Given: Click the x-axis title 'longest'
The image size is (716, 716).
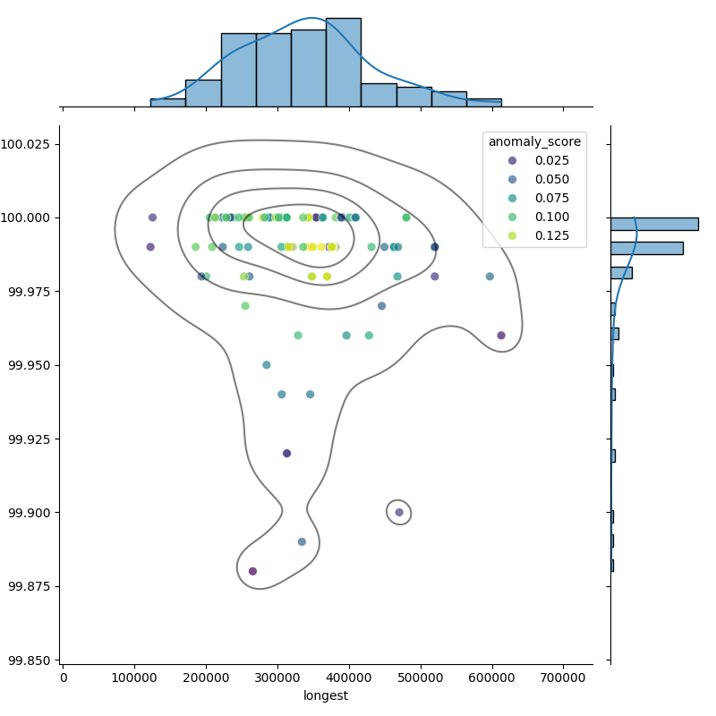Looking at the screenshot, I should [x=326, y=696].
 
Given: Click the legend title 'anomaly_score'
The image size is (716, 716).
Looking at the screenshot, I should [x=534, y=141].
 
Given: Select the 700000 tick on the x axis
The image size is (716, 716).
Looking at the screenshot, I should [x=563, y=678].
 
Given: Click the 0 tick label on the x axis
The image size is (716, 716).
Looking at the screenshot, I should [x=64, y=678].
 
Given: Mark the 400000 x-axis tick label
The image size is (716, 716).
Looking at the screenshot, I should [x=349, y=678].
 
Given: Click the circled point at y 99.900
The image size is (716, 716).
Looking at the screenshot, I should [x=399, y=513].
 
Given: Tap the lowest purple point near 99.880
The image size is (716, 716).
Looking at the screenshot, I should [x=252, y=571].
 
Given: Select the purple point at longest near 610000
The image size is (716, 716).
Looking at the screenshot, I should [x=501, y=336].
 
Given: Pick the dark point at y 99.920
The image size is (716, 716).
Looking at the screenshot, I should [x=286, y=453].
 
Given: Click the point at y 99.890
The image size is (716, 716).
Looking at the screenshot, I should [x=302, y=541].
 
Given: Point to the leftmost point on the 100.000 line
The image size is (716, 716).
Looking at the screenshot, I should [x=152, y=217].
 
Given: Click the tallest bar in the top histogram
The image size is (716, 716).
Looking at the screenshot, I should [x=344, y=62].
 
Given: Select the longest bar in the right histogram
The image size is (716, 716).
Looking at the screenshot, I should [x=654, y=224].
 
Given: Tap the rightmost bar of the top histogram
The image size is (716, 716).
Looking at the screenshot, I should [x=484, y=102].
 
